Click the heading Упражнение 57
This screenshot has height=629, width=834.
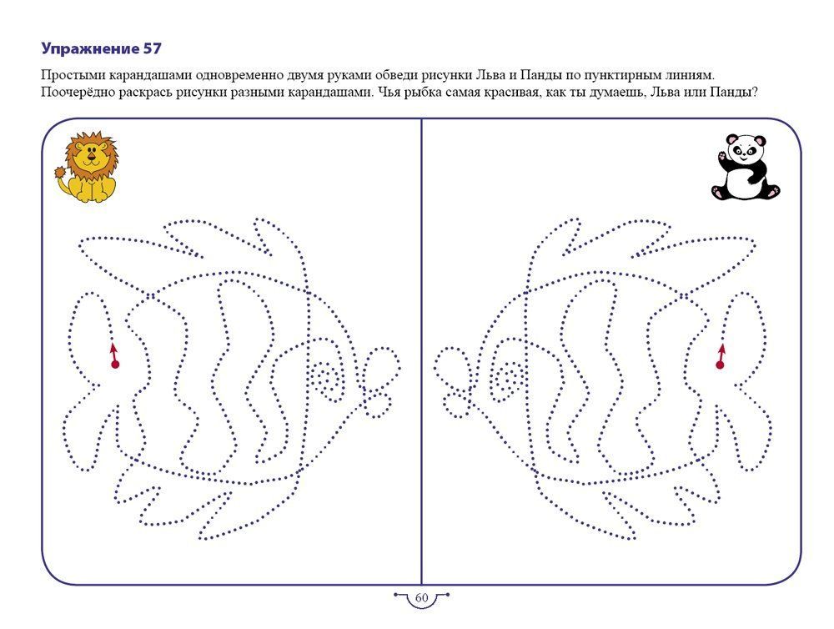(x=101, y=49)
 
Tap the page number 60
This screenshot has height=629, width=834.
(x=421, y=597)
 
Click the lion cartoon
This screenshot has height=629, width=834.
(x=86, y=167)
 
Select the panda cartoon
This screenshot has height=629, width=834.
(x=745, y=167)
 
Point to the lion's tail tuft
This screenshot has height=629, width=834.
(x=61, y=173)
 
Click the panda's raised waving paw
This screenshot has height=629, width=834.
(x=722, y=157)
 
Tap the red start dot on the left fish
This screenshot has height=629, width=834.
(x=115, y=365)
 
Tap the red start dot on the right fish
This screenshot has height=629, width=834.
(x=720, y=365)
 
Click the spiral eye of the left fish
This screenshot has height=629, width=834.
(x=325, y=376)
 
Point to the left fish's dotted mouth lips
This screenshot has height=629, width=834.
(x=379, y=381)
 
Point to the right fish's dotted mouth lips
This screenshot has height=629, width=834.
(x=454, y=382)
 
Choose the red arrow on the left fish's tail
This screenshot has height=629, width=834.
(x=113, y=352)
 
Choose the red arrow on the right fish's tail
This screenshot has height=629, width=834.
(x=721, y=352)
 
